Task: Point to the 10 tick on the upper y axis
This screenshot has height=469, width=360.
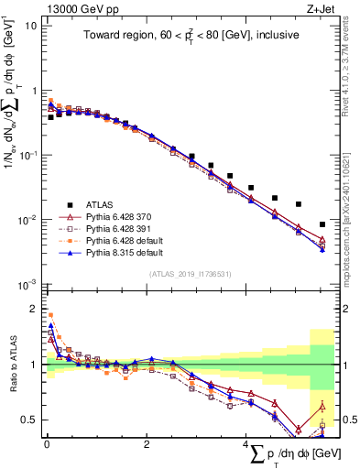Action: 30,26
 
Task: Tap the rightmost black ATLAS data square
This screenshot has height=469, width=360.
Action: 322,224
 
